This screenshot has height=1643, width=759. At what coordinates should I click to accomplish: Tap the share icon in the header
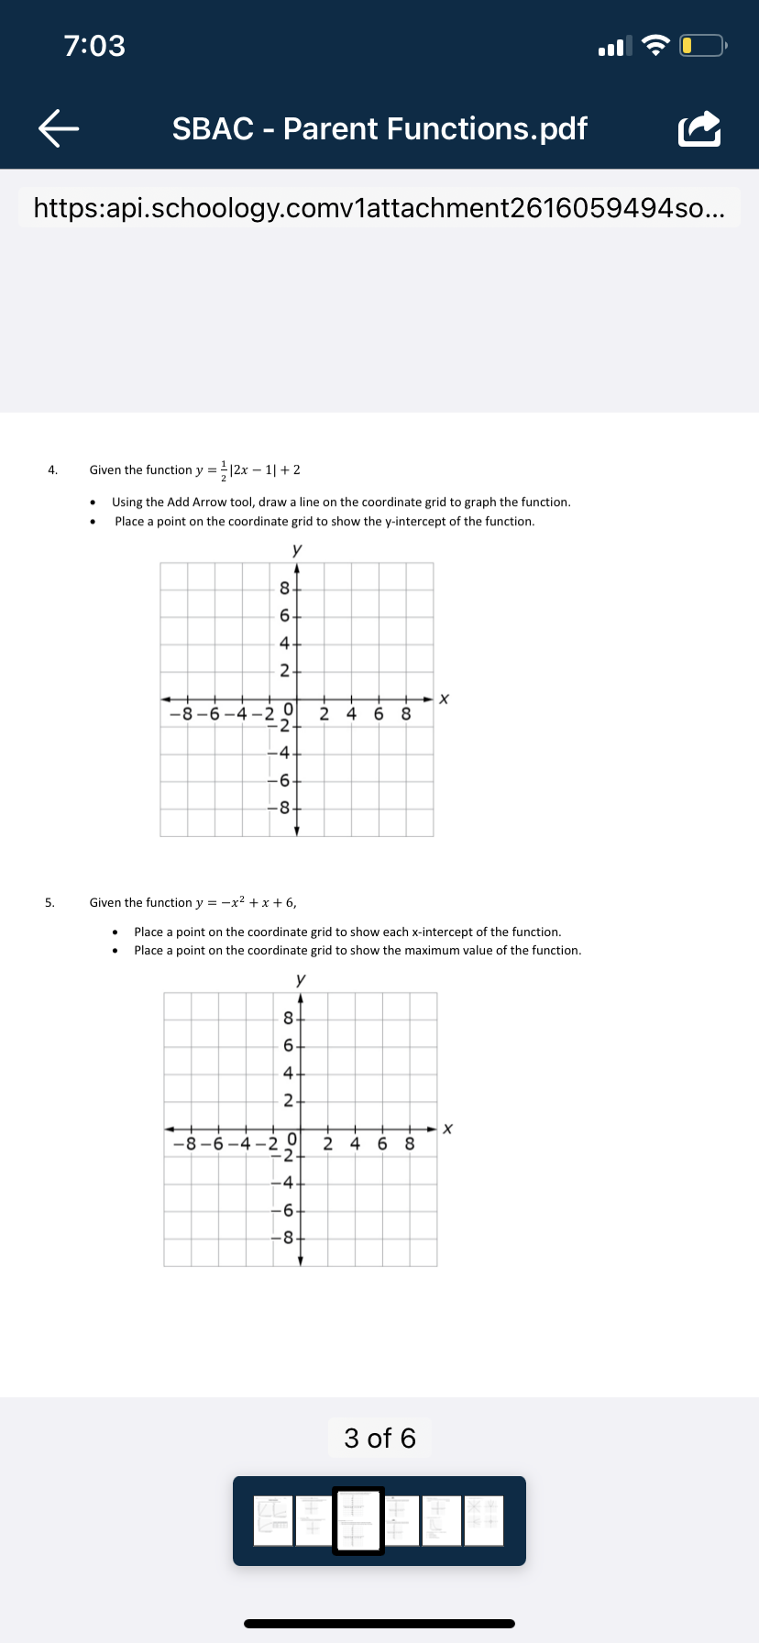pyautogui.click(x=699, y=129)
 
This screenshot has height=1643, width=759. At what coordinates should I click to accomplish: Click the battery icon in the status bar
pyautogui.click(x=702, y=45)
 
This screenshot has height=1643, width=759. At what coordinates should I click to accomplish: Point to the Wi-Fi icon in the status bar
pyautogui.click(x=655, y=45)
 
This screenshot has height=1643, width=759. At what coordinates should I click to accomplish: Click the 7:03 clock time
pyautogui.click(x=94, y=45)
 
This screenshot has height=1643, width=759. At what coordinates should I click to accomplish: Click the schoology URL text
pyautogui.click(x=379, y=208)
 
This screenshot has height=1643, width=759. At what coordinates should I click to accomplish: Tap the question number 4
pyautogui.click(x=52, y=470)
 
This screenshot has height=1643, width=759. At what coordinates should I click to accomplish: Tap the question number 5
pyautogui.click(x=50, y=903)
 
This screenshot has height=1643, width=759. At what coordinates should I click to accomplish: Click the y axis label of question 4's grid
pyautogui.click(x=296, y=549)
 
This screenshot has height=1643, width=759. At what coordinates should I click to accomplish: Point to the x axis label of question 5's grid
pyautogui.click(x=447, y=1129)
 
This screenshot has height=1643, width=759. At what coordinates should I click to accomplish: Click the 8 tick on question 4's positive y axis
pyautogui.click(x=285, y=589)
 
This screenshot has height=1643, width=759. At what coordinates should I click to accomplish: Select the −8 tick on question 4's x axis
pyautogui.click(x=181, y=713)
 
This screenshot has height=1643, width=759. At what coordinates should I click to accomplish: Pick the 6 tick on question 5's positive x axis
pyautogui.click(x=382, y=1143)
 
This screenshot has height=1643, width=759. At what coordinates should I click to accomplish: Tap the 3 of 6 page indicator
pyautogui.click(x=379, y=1438)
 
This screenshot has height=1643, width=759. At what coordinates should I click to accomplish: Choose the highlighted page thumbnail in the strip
pyautogui.click(x=358, y=1520)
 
